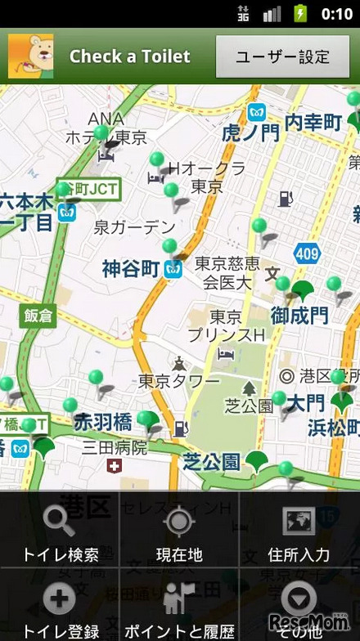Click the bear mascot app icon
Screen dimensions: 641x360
click(30, 56)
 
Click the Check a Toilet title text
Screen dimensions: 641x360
click(129, 56)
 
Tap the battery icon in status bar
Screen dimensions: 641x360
click(301, 13)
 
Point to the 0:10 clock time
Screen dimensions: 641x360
click(336, 13)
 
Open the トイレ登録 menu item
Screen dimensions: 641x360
click(60, 610)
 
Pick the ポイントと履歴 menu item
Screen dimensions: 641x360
click(179, 610)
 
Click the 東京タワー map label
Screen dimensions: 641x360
click(178, 381)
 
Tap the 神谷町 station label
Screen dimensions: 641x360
click(131, 268)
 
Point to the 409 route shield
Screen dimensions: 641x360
click(307, 254)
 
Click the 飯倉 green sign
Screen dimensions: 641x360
click(38, 316)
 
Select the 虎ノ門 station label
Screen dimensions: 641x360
click(250, 133)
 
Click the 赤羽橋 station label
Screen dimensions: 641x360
click(102, 423)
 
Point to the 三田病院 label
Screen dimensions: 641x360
click(114, 447)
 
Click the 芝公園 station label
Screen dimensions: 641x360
click(211, 462)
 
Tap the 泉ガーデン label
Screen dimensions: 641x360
click(134, 226)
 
